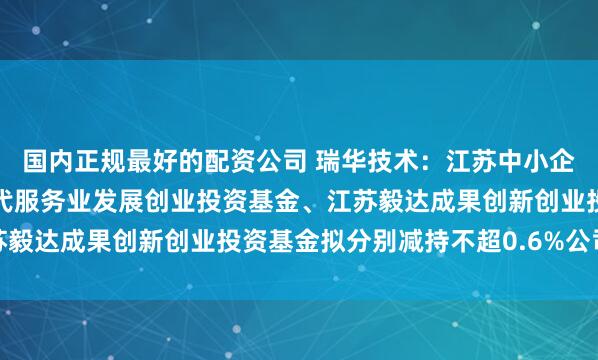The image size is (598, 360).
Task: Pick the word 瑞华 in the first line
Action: pyautogui.click(x=345, y=159)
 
